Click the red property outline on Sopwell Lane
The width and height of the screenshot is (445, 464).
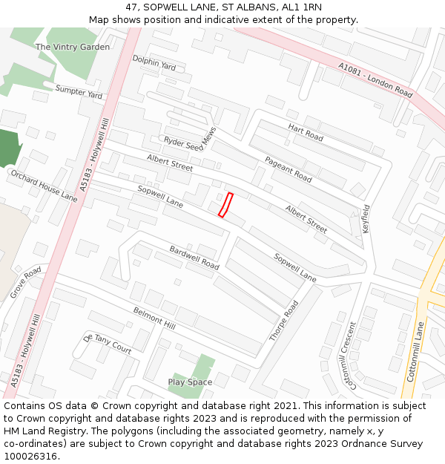coord(225,205)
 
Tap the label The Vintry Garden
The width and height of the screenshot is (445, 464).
coord(73,47)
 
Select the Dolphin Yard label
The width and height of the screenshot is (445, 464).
coord(154,62)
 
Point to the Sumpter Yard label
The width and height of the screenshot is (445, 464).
coord(79,91)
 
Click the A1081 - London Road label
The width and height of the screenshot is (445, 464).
coord(375,80)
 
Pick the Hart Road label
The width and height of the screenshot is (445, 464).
coord(306,133)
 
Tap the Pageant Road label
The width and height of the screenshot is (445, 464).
coord(288,169)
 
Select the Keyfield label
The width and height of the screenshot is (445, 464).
coord(366,220)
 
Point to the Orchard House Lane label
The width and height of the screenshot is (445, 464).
coord(43,186)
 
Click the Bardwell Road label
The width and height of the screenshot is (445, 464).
coord(194,257)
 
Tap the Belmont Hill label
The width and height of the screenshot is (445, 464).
coord(154,319)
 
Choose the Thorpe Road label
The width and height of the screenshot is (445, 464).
coord(283,321)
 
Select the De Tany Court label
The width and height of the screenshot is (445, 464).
coord(108,344)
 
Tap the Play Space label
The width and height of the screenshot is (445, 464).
coord(190,382)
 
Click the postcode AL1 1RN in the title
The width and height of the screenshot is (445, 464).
coord(302,7)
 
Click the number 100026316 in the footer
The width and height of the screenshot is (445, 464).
coord(30,456)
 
